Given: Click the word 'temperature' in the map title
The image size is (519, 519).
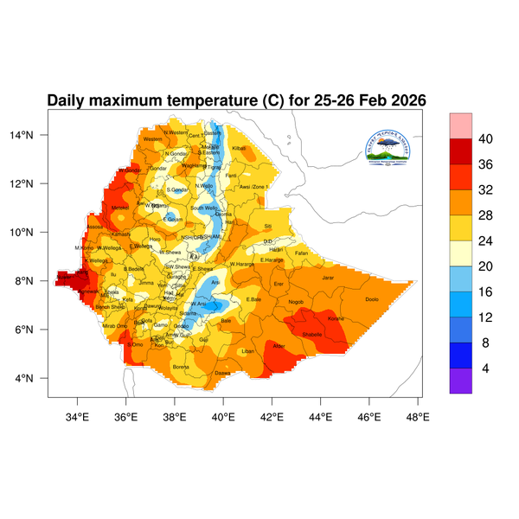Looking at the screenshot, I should point(207,101).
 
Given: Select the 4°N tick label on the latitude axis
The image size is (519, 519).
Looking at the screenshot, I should point(35,378).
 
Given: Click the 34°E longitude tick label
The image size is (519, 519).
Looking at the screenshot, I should point(78,416).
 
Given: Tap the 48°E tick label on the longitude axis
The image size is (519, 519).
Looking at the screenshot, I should point(418,416).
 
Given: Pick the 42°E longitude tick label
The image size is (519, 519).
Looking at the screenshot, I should point(272,416).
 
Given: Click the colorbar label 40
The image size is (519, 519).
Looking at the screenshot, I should point(487,138).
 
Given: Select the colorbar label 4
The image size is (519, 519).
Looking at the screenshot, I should point(484,368).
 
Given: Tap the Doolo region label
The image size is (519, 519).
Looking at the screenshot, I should point(372,299).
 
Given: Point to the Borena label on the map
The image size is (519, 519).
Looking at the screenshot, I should point(181,367).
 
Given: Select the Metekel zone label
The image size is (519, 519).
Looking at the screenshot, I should point(119,208).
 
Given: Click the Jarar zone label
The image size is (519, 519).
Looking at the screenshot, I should point(327,278).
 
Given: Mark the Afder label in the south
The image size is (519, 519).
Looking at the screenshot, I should point(279,346).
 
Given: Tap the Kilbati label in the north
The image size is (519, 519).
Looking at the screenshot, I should point(240,149).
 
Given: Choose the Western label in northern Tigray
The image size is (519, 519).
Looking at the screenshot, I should point(152,139).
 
